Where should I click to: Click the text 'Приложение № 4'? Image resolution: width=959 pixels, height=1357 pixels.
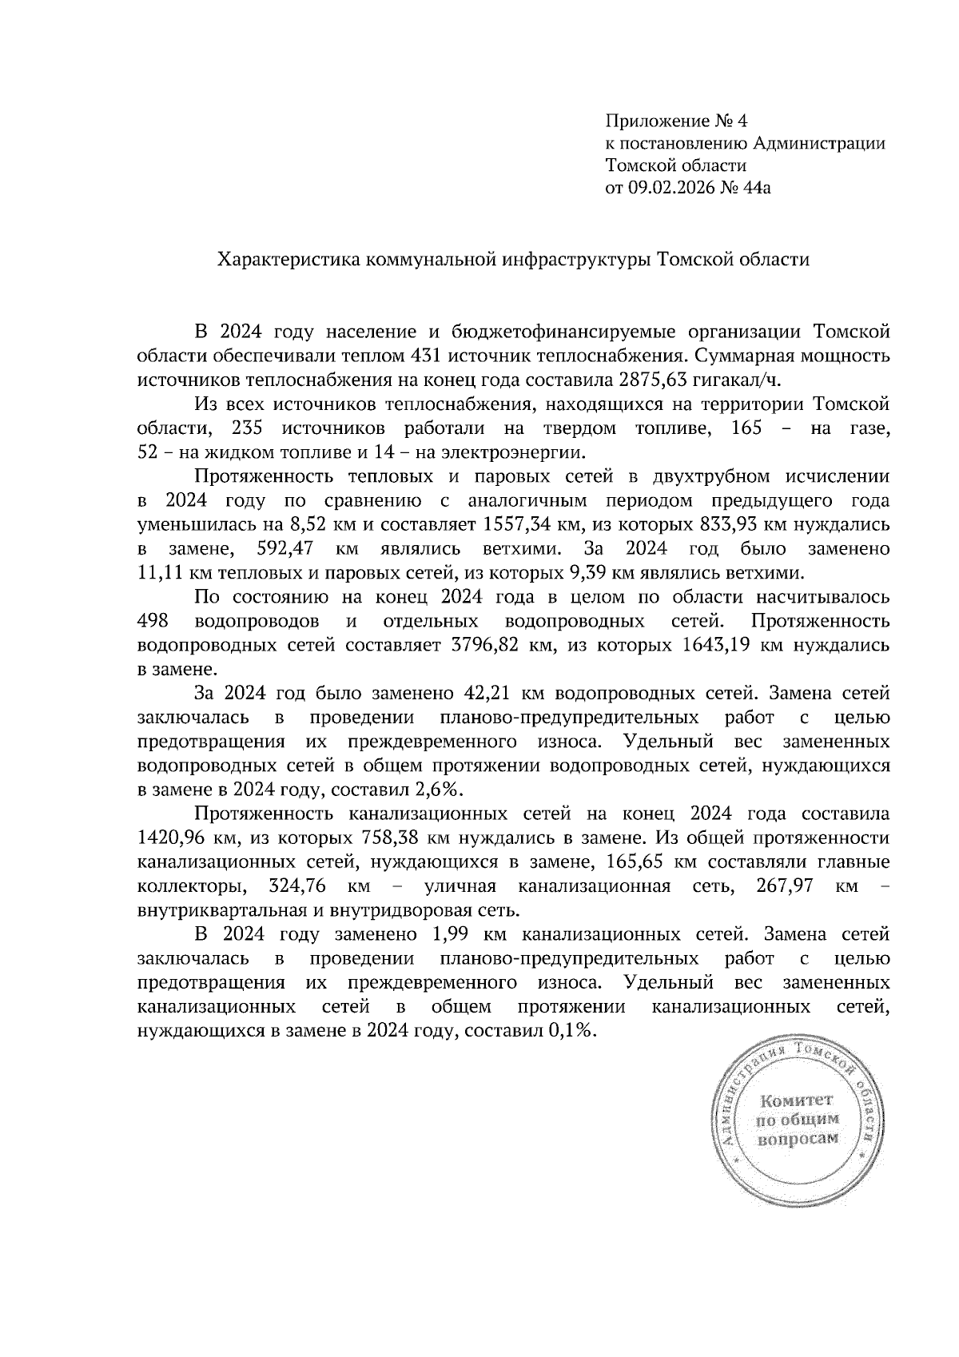click(676, 121)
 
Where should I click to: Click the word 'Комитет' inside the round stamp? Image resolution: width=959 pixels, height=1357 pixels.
click(796, 1100)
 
